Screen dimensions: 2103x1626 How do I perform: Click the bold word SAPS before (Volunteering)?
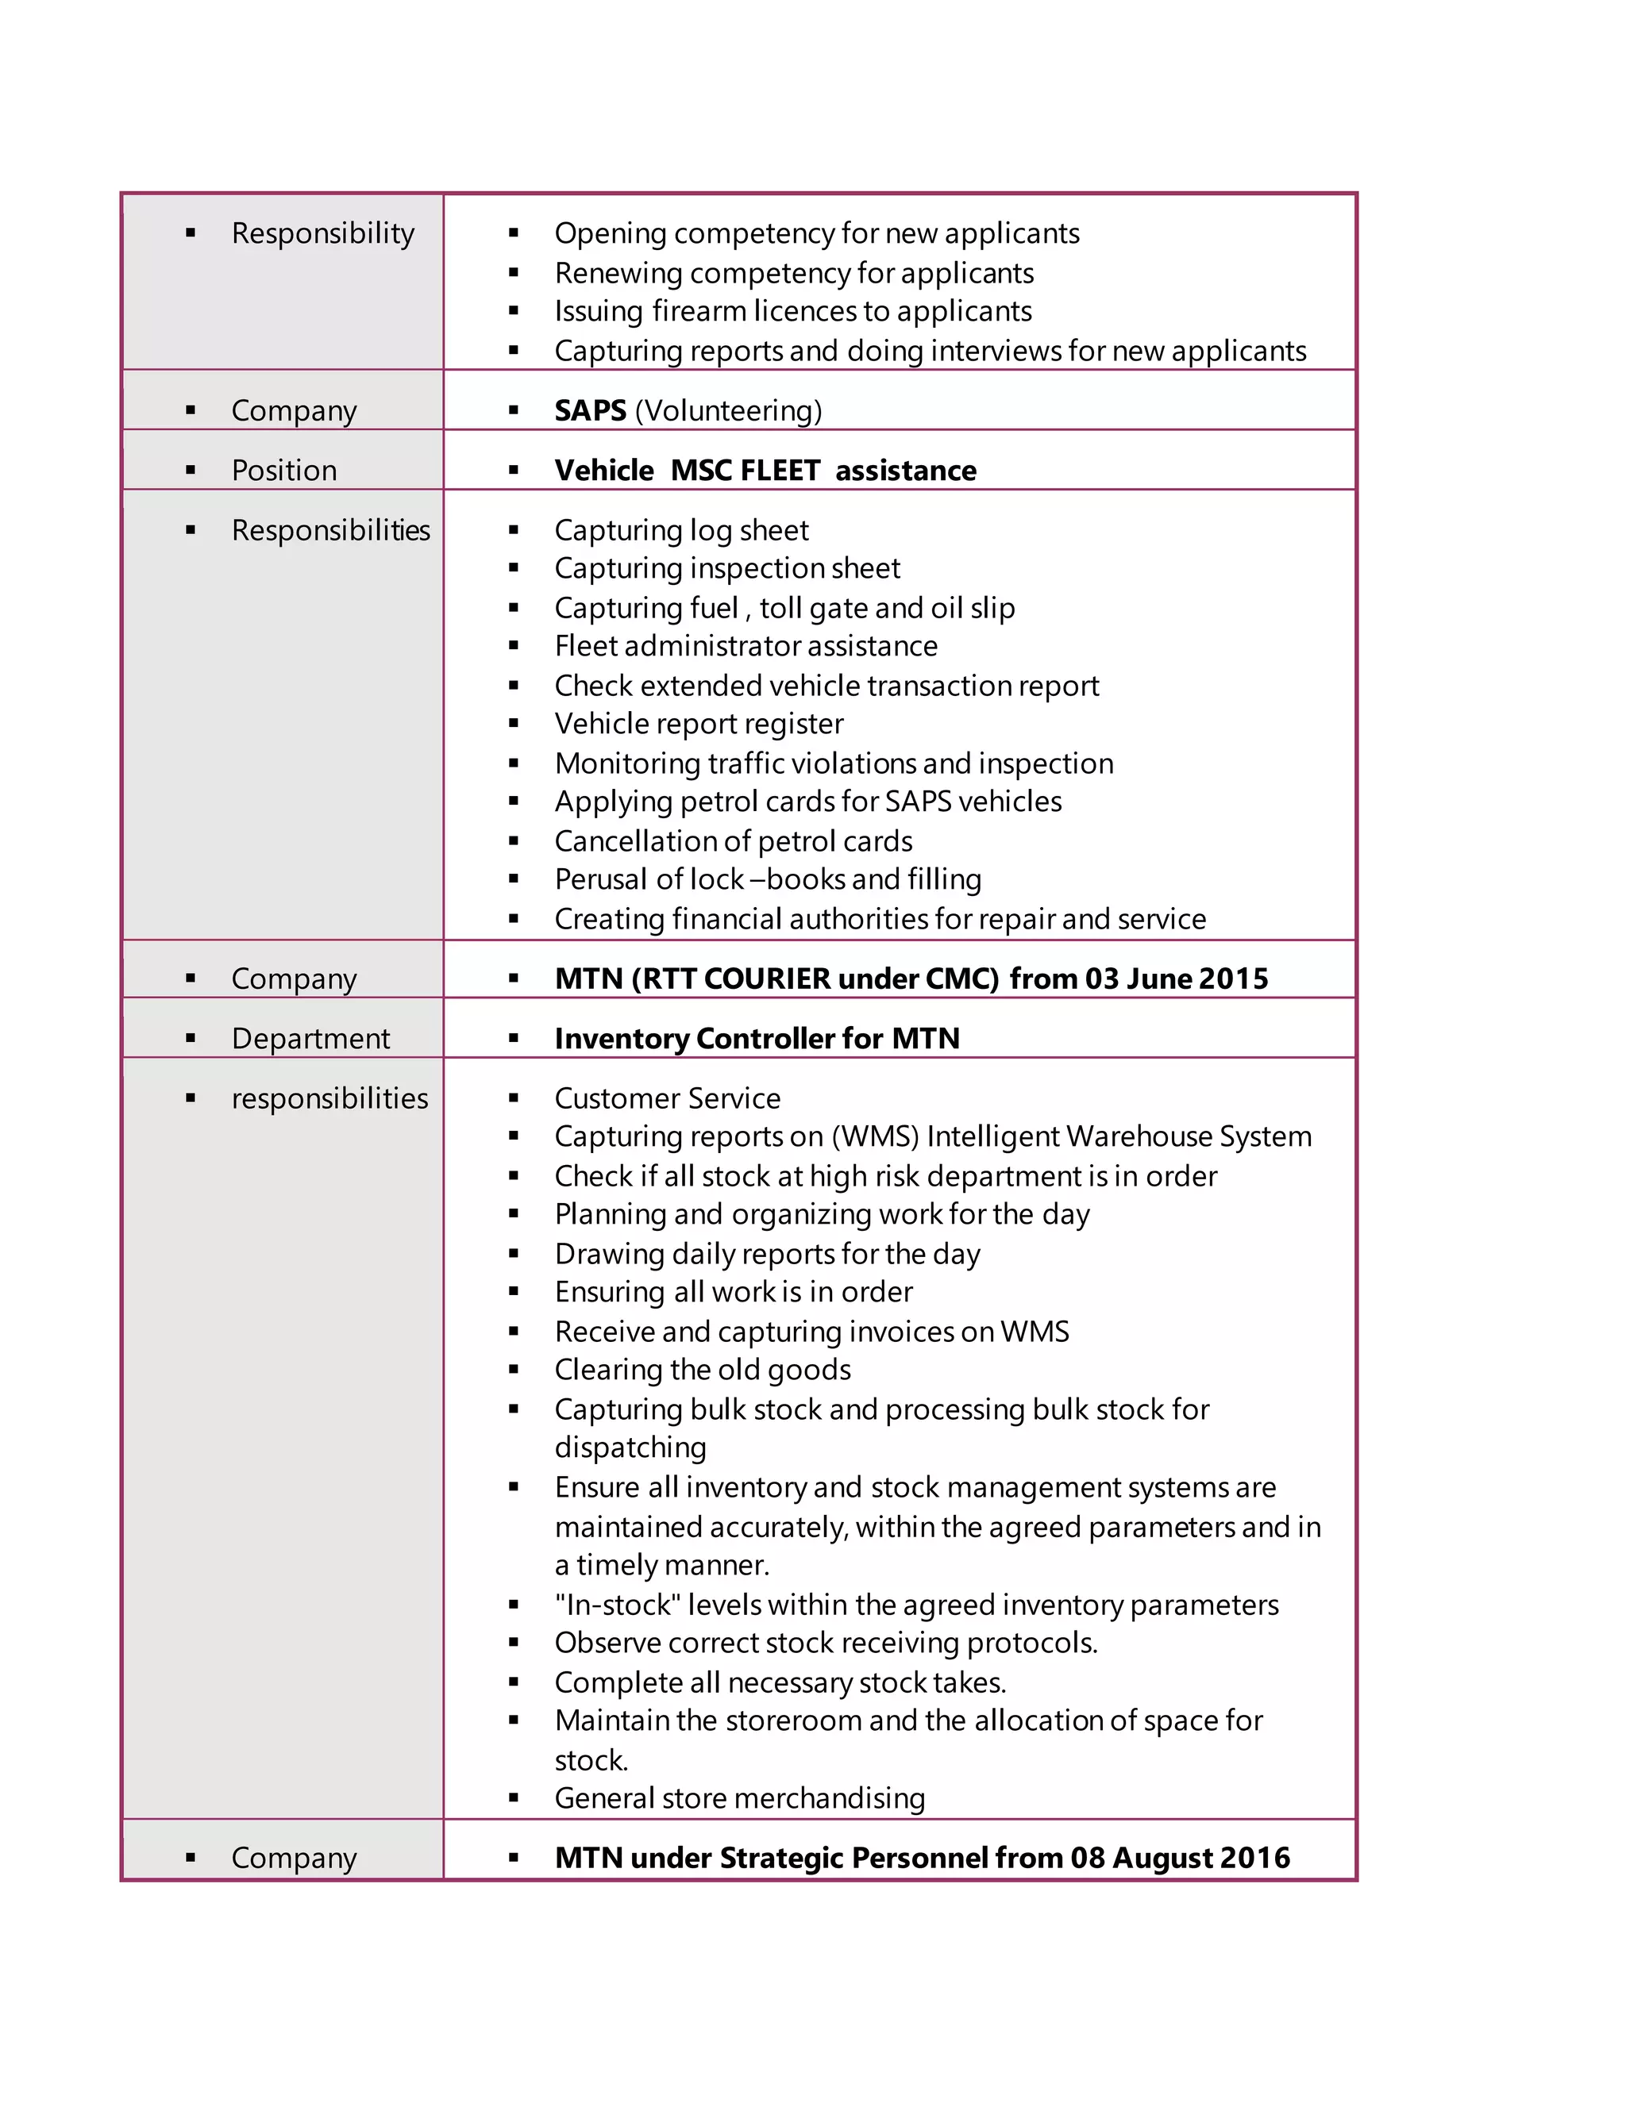tap(590, 410)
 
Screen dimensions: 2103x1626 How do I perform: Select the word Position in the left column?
tap(283, 470)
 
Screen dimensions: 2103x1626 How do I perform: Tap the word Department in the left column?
tap(310, 1038)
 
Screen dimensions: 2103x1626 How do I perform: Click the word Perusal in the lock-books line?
tap(598, 879)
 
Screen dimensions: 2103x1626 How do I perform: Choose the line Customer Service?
tap(667, 1098)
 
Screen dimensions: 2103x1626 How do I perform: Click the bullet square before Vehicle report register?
tap(514, 723)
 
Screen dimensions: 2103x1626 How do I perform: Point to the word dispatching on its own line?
tap(630, 1447)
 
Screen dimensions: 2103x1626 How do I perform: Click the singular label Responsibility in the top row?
tap(322, 233)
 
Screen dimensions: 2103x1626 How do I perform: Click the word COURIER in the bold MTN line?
tap(766, 978)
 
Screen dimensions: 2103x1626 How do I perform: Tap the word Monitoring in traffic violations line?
tap(627, 763)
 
